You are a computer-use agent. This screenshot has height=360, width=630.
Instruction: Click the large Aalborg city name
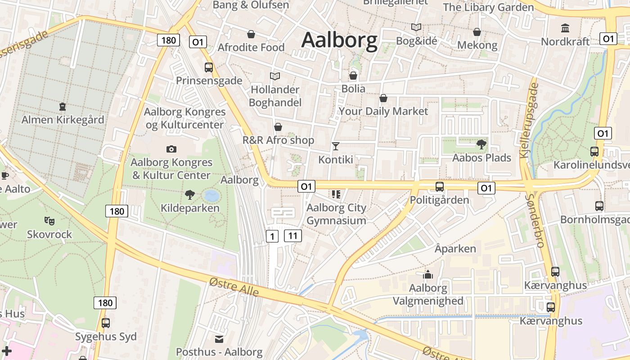[x=339, y=40]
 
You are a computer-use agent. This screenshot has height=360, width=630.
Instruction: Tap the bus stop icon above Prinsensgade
[x=208, y=67]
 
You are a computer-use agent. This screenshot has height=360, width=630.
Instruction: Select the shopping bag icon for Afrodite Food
[x=251, y=34]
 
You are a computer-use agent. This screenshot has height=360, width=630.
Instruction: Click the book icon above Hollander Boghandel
[x=274, y=76]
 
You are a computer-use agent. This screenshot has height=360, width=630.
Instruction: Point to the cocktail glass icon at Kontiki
[x=335, y=146]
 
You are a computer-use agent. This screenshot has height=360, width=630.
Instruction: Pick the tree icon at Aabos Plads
[x=481, y=144]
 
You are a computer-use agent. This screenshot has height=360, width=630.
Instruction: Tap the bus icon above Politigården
[x=440, y=186]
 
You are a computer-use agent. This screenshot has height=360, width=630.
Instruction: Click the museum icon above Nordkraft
[x=565, y=28]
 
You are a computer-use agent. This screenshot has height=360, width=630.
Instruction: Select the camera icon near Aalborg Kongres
[x=171, y=149]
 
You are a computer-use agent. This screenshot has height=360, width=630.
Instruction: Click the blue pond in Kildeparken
[x=211, y=196]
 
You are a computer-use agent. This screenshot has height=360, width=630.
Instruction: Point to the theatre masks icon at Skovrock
[x=49, y=220]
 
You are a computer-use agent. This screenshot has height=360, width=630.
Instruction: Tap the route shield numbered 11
[x=292, y=236]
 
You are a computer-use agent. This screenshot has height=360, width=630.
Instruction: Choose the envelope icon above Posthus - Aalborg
[x=219, y=339]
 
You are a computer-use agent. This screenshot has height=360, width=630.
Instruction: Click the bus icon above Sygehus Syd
[x=106, y=323]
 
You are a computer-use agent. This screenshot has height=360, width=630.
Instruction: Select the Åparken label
[x=455, y=248]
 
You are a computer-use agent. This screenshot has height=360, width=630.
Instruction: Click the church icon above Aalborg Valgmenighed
[x=427, y=274]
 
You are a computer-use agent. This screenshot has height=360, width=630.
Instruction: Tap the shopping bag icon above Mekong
[x=477, y=32]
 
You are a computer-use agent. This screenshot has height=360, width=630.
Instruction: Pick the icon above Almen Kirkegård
[x=62, y=107]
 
